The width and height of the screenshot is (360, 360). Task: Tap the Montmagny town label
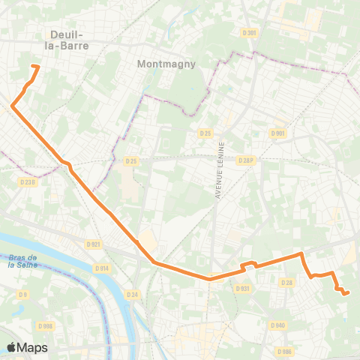coord(166,64)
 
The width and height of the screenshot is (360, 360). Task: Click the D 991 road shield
coord(277,133)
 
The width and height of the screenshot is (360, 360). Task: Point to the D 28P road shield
coord(247,160)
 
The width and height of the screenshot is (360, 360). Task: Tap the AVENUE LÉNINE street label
coord(220,172)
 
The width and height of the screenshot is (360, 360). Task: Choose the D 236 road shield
coord(28,182)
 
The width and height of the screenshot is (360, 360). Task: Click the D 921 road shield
coord(93,244)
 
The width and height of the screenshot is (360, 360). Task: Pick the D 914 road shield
coord(102,268)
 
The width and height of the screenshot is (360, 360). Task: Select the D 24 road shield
coord(134,295)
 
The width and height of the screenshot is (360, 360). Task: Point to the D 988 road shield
coord(46,325)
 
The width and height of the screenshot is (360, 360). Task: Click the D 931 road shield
coord(242,288)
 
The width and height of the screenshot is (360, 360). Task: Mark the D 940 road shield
coord(278,325)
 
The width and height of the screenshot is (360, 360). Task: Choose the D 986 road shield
coord(283,351)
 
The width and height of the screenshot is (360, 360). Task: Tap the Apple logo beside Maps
coord(12,347)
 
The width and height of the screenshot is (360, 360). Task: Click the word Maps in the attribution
coord(33,348)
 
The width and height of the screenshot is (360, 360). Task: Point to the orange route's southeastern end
coord(347,293)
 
